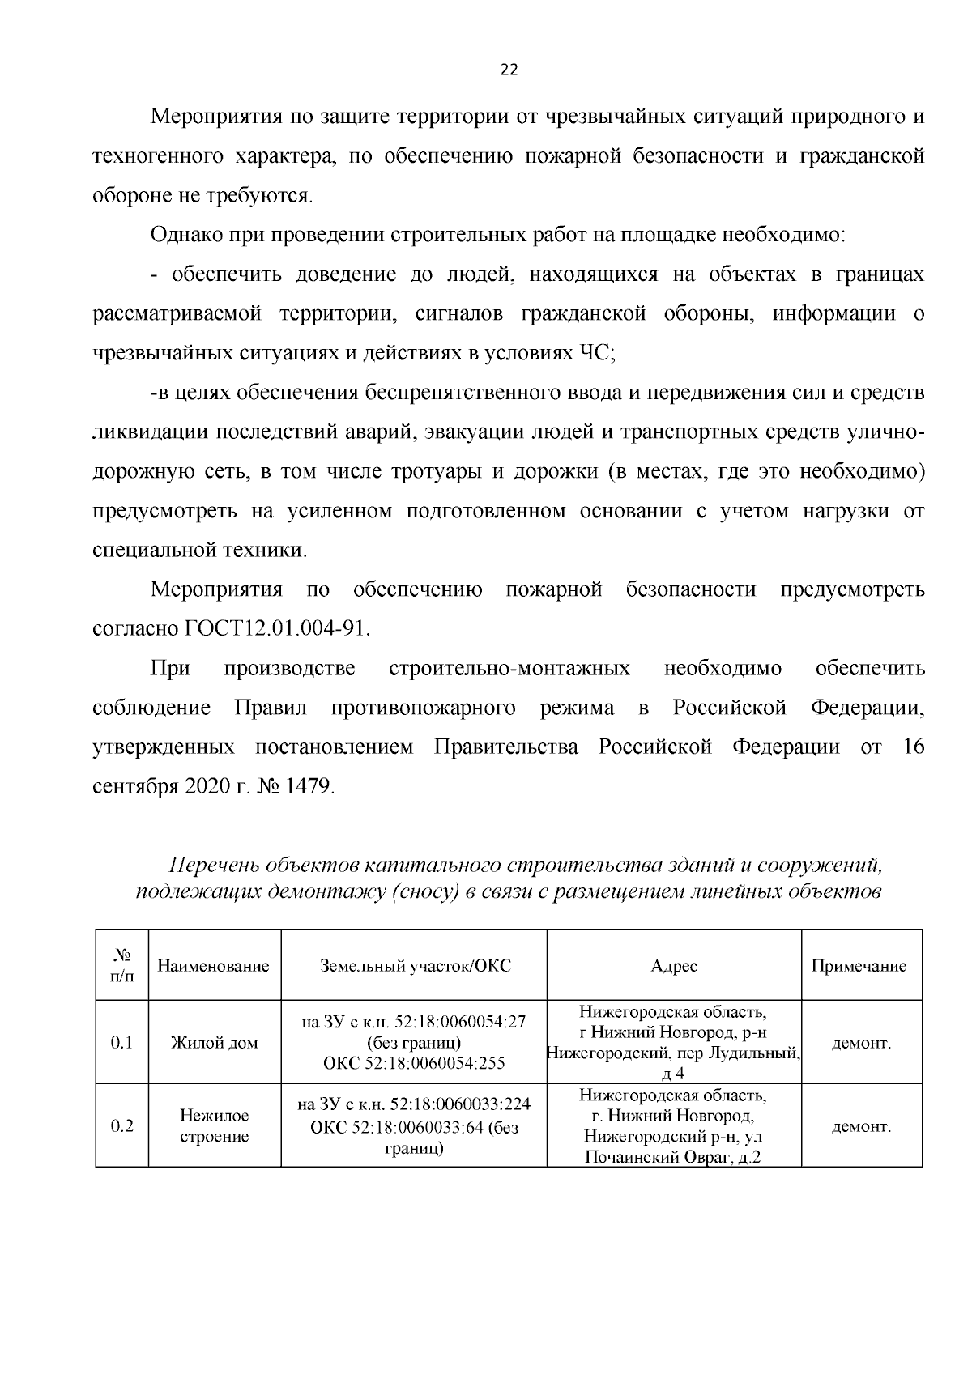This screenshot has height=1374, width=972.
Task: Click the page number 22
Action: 508,70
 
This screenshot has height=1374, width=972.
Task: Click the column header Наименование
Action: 213,966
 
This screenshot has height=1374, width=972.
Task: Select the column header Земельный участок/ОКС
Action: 415,966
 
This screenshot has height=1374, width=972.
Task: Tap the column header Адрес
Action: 674,966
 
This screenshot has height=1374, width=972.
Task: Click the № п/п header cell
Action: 122,966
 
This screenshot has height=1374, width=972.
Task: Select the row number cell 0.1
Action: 122,1043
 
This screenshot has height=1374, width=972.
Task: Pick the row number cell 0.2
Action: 122,1126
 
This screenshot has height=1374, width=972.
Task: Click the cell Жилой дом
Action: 214,1043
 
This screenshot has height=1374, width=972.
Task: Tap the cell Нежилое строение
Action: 214,1126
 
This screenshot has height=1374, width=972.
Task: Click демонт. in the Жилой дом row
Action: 861,1043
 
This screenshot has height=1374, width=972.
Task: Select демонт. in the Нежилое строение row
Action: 861,1126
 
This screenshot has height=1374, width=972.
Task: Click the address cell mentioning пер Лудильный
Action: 674,1043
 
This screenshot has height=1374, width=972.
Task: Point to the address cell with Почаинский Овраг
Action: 674,1126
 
